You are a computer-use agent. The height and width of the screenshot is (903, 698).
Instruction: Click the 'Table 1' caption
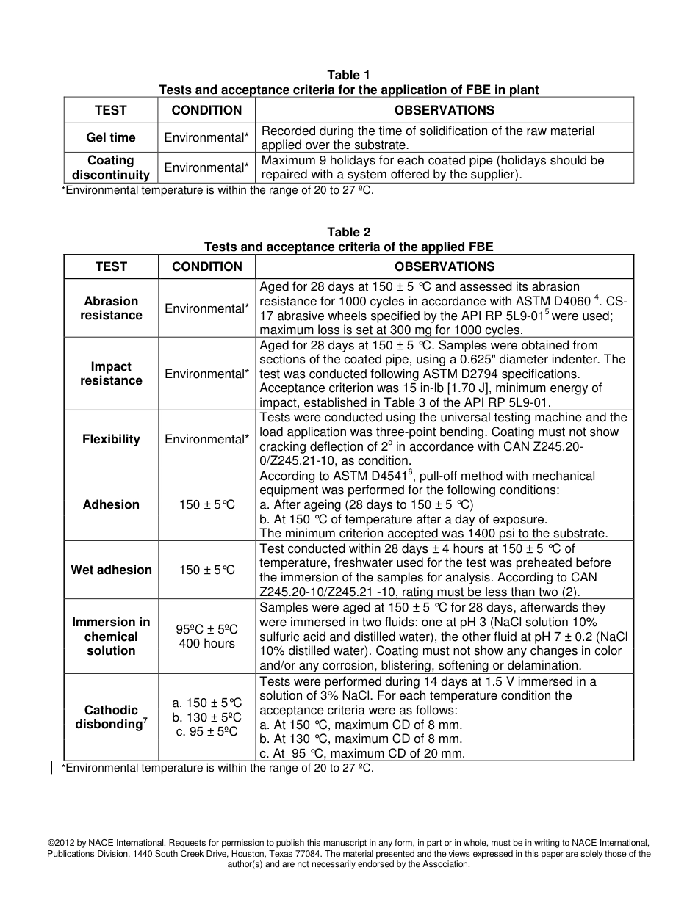point(348,75)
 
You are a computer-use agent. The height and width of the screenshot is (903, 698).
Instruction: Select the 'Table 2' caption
point(348,232)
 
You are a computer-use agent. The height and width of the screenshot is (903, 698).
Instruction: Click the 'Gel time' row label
point(111,137)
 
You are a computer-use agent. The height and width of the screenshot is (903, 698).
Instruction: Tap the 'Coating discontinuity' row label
point(111,167)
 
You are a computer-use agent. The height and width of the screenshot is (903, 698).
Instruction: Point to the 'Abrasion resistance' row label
point(111,308)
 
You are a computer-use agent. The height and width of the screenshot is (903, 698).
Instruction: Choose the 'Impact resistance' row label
point(111,374)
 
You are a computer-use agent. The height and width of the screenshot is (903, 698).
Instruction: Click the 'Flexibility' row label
point(111,439)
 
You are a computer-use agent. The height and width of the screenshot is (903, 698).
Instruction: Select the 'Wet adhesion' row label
point(111,570)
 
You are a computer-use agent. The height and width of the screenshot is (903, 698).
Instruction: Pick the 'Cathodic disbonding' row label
point(111,717)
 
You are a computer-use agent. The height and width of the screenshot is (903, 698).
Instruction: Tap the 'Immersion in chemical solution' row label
point(111,637)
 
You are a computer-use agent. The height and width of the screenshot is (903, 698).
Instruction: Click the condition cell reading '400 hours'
point(206,644)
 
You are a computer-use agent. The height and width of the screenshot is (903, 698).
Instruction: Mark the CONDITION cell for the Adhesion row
point(206,505)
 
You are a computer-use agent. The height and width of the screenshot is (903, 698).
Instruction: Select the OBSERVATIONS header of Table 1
point(444,110)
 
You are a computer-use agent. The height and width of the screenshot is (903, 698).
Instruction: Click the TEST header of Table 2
point(111,266)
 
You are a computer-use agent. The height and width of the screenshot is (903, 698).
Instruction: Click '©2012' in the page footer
point(61,843)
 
